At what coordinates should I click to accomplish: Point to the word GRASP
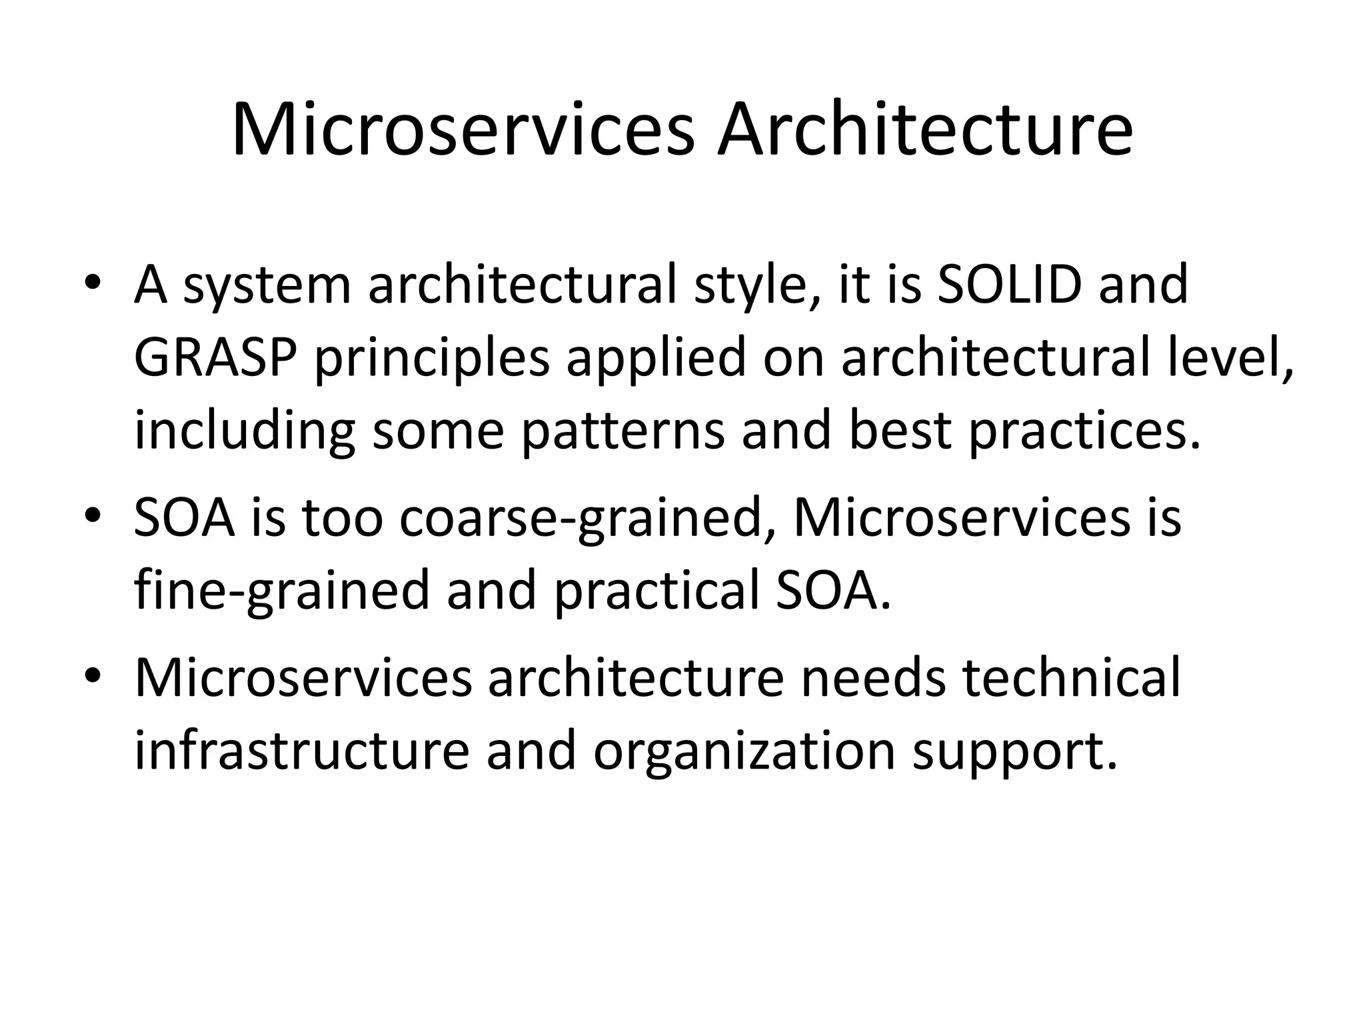click(215, 358)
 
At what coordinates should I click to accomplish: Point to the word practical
click(656, 592)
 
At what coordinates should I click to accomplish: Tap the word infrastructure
click(302, 751)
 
